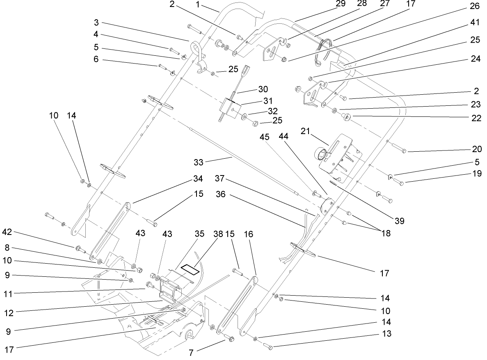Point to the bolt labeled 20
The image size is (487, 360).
tap(398, 148)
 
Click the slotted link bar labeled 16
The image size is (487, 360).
tap(237, 305)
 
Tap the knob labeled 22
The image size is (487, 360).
tap(347, 118)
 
